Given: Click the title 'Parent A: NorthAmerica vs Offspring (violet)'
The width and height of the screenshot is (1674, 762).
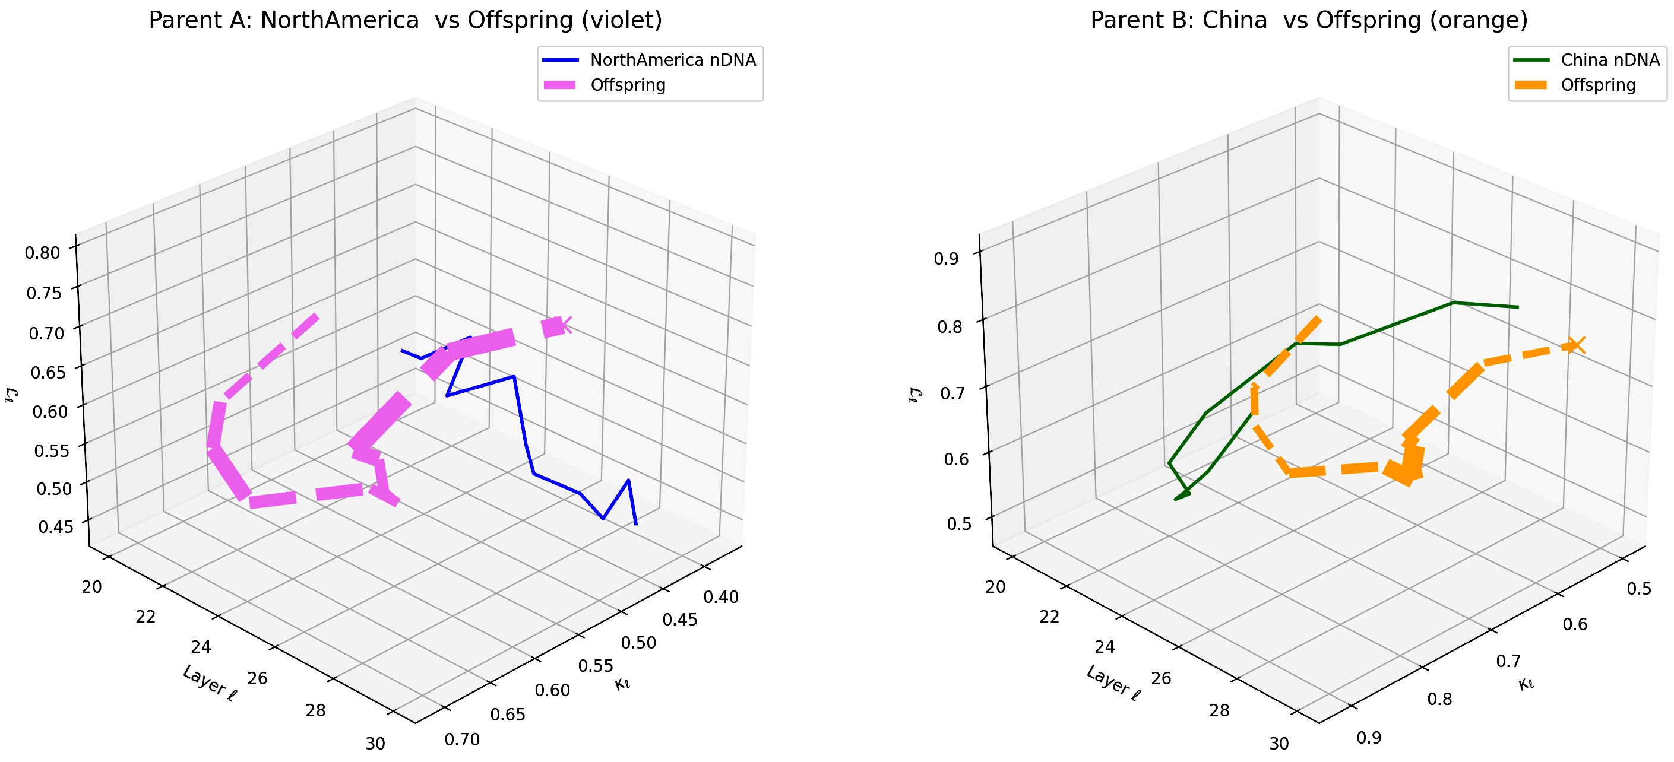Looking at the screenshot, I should tap(405, 20).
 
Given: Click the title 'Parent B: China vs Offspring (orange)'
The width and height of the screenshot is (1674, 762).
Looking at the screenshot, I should tap(1309, 20).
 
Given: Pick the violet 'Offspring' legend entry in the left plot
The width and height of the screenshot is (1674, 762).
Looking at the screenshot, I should tap(628, 85).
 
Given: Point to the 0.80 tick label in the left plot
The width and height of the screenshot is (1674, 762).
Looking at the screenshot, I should tap(42, 252).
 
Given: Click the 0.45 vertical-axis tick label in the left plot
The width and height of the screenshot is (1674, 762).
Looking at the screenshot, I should tap(56, 526).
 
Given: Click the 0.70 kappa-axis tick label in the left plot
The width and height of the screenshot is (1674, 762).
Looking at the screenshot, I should tap(462, 739).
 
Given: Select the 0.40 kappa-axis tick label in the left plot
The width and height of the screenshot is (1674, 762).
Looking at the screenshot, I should tap(721, 597).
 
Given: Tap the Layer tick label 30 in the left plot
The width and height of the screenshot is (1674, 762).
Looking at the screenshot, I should tap(375, 744).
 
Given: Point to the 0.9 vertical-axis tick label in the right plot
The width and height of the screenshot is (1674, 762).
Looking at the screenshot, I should tap(945, 259).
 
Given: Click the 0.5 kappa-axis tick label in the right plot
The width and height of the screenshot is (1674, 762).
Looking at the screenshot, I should tap(1638, 589).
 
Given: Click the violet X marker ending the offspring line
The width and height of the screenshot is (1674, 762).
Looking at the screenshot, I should tap(564, 324).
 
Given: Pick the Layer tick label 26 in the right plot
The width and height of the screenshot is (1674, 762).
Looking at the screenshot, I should tap(1160, 678).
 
